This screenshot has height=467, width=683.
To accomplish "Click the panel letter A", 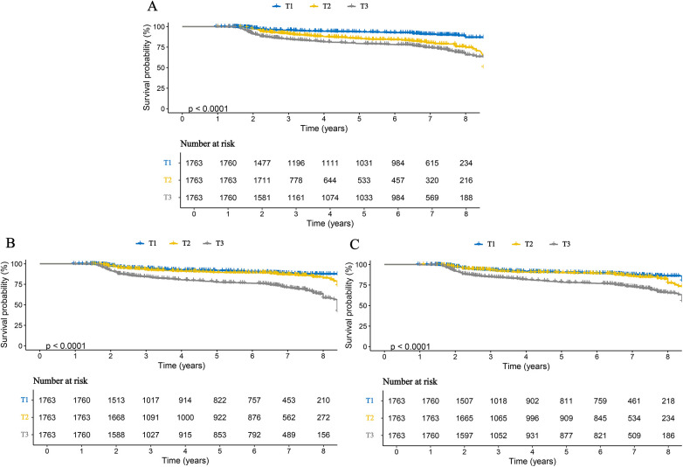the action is tap(152, 6).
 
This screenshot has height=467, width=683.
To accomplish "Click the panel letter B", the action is tap(9, 242).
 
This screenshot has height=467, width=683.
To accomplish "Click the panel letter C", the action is tap(355, 244).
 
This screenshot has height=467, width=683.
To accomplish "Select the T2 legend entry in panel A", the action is tap(320, 6).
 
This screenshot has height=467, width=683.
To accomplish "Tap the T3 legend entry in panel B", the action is tap(213, 243).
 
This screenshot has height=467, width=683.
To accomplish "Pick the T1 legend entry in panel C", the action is tap(485, 244).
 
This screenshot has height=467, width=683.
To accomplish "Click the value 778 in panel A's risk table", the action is tap(296, 180).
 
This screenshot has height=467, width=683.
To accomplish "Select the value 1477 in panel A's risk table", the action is tap(262, 163).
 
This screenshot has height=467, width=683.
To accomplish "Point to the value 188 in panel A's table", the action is tap(466, 198).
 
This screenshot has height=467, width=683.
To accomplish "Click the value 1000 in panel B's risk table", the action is tap(185, 417).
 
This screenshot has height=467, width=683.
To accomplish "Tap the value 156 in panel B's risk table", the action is tap(323, 435).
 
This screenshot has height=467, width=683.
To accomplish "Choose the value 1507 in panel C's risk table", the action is tap(465, 401).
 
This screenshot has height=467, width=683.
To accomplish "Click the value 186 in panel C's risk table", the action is tap(668, 436).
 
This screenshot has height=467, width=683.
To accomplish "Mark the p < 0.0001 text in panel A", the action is tap(208, 108).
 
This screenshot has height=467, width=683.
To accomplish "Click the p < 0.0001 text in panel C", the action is tap(410, 346).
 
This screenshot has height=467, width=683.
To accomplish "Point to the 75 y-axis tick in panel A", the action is tap(161, 47).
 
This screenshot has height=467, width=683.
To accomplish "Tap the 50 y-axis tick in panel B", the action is tap(18, 305).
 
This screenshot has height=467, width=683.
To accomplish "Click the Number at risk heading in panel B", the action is tap(60, 380).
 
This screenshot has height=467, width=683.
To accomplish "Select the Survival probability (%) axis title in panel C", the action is tap(348, 305).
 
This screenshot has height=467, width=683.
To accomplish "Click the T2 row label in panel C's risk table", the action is tap(369, 418).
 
